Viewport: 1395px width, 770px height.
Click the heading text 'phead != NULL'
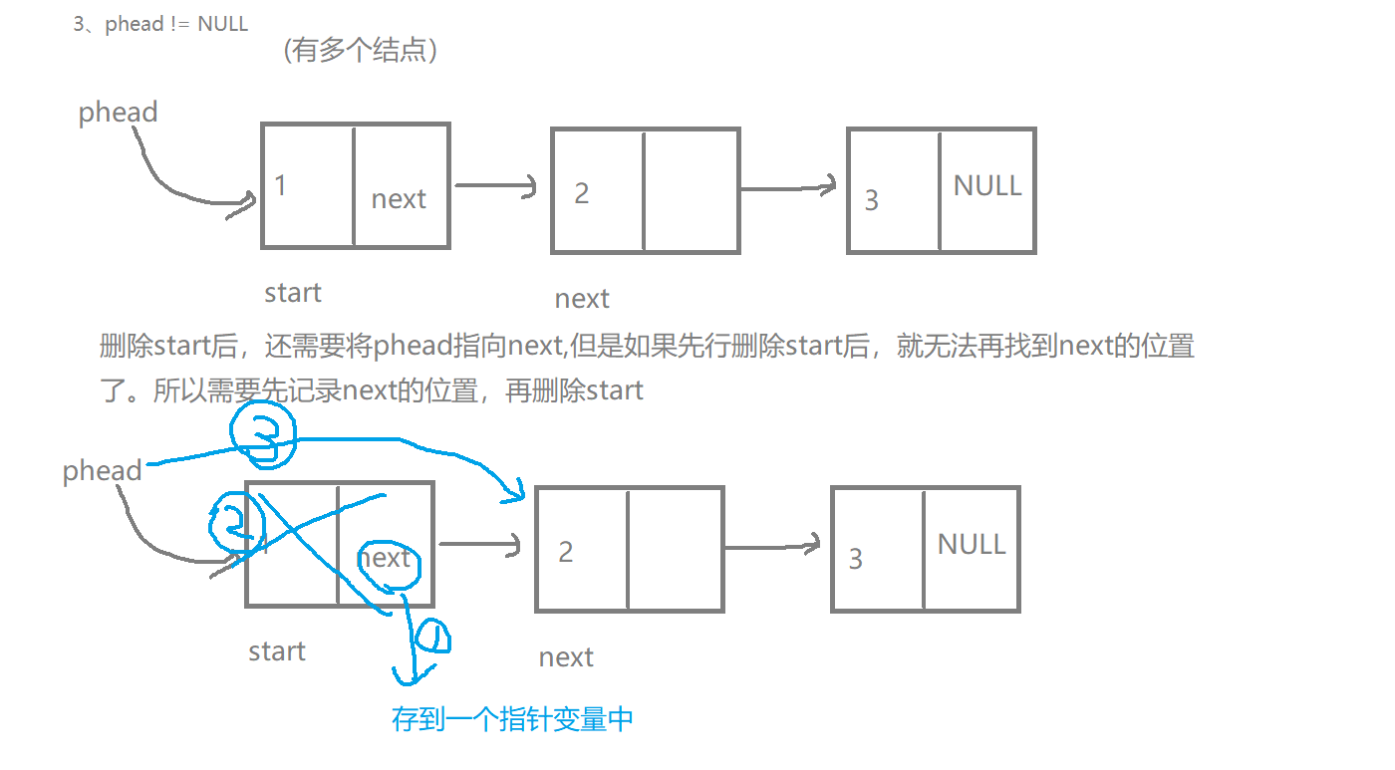175,24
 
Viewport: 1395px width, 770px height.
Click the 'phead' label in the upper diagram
118,113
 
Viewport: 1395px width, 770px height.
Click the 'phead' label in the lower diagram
102,470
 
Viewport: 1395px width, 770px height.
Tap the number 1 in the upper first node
281,185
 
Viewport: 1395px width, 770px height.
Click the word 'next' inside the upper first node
399,199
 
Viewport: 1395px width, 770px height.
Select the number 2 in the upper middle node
582,193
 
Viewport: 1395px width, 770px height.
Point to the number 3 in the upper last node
872,200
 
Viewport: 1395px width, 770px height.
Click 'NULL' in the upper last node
987,186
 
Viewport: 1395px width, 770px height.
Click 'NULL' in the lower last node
972,545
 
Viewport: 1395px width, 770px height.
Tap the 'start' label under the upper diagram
293,293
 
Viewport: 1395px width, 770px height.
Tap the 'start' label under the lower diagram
277,651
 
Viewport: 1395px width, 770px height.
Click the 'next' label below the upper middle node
582,299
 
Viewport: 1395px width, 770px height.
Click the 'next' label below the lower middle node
566,657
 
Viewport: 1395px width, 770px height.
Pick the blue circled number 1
432,637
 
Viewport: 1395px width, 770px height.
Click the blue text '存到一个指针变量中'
512,719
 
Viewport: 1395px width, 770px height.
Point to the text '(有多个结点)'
362,51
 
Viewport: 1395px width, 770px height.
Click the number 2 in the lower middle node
566,552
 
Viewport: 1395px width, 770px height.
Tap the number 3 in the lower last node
855,559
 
